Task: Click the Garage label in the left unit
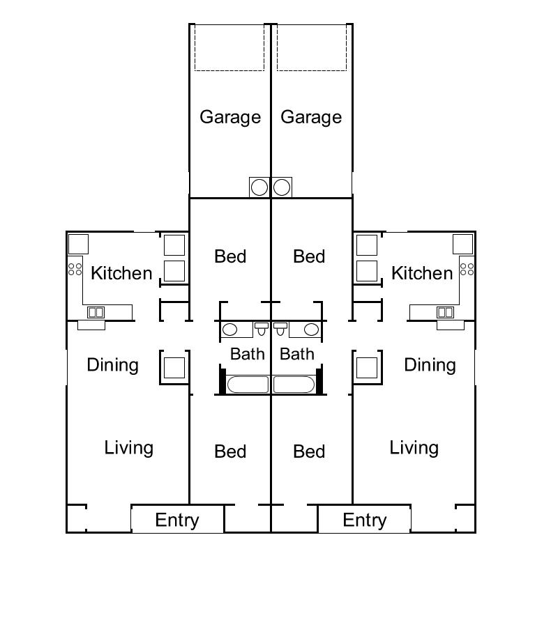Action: coord(230,117)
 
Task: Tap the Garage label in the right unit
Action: coord(311,117)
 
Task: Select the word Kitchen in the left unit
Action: coord(121,273)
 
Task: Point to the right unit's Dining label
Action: coord(430,365)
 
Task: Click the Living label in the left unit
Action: coord(129,447)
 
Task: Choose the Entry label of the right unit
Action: coord(365,520)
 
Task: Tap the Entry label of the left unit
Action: coord(177,520)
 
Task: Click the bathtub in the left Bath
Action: coord(248,385)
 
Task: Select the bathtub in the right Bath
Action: coord(295,385)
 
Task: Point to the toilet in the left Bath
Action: coord(261,328)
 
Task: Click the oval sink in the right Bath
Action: coord(311,330)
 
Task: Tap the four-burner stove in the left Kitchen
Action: coord(75,267)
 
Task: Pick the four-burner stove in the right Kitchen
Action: coord(467,268)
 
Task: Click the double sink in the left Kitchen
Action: coord(96,312)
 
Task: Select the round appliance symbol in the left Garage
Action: coord(259,187)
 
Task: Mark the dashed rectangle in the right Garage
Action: coord(312,48)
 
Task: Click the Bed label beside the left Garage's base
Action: coord(230,256)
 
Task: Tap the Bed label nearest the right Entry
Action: coord(309,451)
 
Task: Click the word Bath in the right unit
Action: coord(296,354)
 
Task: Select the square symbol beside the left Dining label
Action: coord(174,367)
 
